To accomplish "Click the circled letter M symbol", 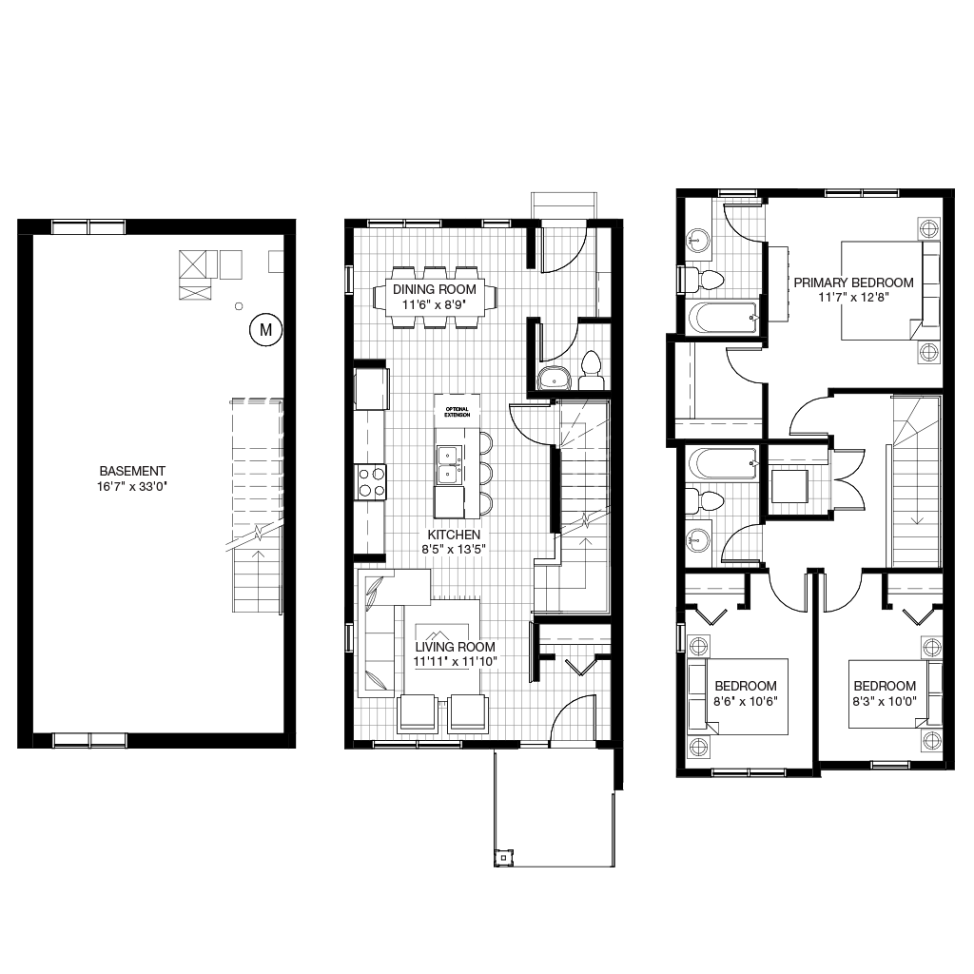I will tap(265, 330).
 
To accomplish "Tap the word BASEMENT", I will tap(132, 472).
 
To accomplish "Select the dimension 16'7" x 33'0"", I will tap(132, 486).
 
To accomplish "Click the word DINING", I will tap(414, 290).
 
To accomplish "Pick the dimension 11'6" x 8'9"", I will tap(435, 304).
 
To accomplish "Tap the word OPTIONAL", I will tap(457, 409).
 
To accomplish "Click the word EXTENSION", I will tap(458, 415).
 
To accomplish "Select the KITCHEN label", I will tap(454, 536).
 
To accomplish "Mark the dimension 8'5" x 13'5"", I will tap(454, 550).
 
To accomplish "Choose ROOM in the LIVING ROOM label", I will tap(477, 648).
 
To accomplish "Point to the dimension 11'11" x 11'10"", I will tap(455, 662).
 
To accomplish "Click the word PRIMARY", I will tap(820, 283).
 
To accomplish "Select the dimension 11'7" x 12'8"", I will tap(853, 298).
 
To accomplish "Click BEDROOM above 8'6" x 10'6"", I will tap(746, 687).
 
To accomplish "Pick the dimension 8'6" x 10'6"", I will tap(746, 702).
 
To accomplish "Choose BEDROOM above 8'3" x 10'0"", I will tap(885, 687).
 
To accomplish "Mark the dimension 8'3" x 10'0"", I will tap(885, 702).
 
